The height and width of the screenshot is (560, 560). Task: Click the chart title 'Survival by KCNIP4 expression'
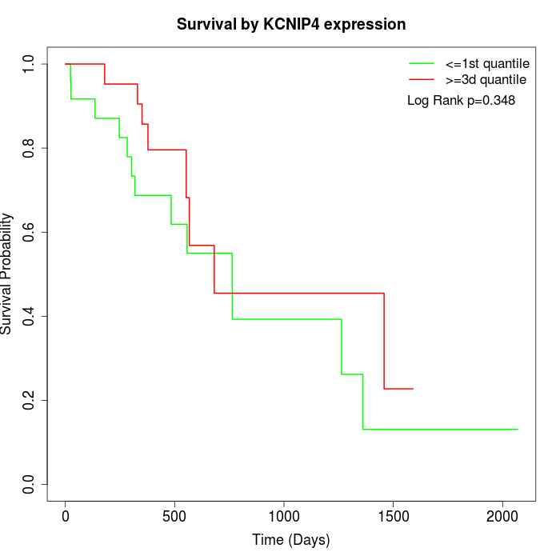point(291,25)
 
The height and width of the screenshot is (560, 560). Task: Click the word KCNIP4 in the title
point(291,25)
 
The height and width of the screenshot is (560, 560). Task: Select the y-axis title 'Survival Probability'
point(7,274)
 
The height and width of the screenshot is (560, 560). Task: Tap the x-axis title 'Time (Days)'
point(291,540)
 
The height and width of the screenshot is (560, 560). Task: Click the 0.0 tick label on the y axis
point(30,484)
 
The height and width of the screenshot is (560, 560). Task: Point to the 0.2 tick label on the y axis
point(30,400)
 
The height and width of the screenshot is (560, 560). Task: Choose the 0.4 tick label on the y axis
point(30,316)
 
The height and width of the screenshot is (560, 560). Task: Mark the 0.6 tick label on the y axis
point(30,232)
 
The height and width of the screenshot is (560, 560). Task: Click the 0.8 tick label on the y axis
point(30,148)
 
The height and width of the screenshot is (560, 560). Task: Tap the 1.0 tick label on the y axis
point(30,64)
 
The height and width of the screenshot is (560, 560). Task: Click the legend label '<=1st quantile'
point(487,63)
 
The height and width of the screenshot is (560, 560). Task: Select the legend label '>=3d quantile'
point(486,80)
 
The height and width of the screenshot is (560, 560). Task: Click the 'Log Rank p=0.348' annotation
point(461,101)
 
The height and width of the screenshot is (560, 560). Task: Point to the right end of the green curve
point(518,430)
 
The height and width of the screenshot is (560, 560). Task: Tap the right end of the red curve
point(413,389)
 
